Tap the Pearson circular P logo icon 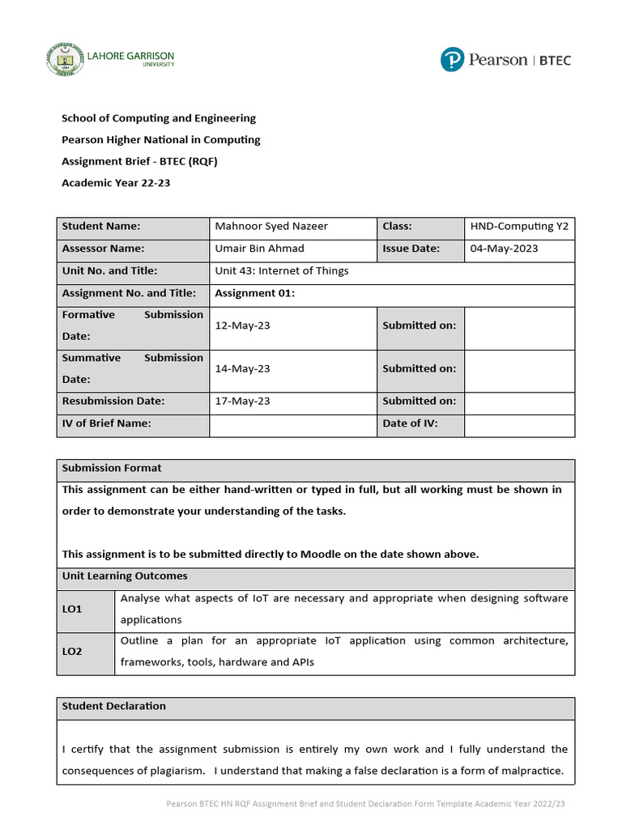(453, 60)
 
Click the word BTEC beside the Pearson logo (555, 60)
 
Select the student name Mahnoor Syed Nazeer (271, 227)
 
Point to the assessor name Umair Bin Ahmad (260, 249)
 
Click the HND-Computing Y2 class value (519, 227)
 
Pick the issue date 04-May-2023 (504, 249)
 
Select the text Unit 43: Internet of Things (281, 271)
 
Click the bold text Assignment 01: (255, 293)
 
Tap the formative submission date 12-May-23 (243, 325)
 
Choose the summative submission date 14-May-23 (243, 368)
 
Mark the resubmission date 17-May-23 (243, 401)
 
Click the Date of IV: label (410, 423)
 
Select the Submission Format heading (112, 468)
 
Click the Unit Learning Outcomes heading (125, 576)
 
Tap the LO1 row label (72, 608)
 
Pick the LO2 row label (72, 651)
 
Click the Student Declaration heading (114, 706)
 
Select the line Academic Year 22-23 (116, 183)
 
